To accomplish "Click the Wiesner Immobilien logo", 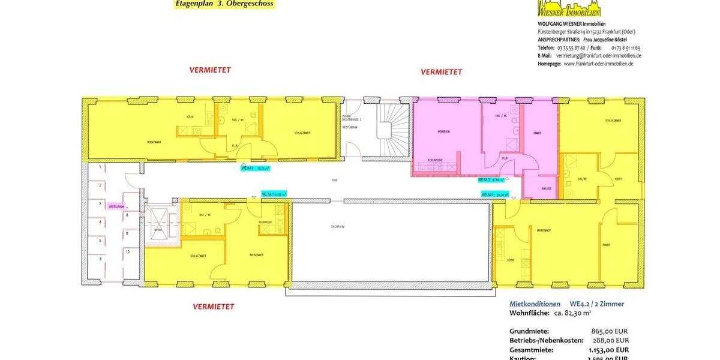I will pyautogui.click(x=568, y=8).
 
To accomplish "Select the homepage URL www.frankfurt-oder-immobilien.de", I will pyautogui.click(x=598, y=64).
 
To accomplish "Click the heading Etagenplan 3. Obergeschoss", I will pyautogui.click(x=224, y=4).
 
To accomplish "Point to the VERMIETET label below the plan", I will pyautogui.click(x=213, y=307).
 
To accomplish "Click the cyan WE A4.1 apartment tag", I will pyautogui.click(x=274, y=194).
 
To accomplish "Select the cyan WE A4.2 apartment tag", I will pyautogui.click(x=495, y=194).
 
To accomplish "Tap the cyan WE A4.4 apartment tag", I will pyautogui.click(x=254, y=169).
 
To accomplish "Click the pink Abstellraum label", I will pyautogui.click(x=116, y=206).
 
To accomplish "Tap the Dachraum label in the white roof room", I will pyautogui.click(x=337, y=227).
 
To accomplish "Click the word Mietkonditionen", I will pyautogui.click(x=535, y=304).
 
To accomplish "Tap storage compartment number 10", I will pyautogui.click(x=127, y=252).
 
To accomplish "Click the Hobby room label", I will pyautogui.click(x=618, y=178).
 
